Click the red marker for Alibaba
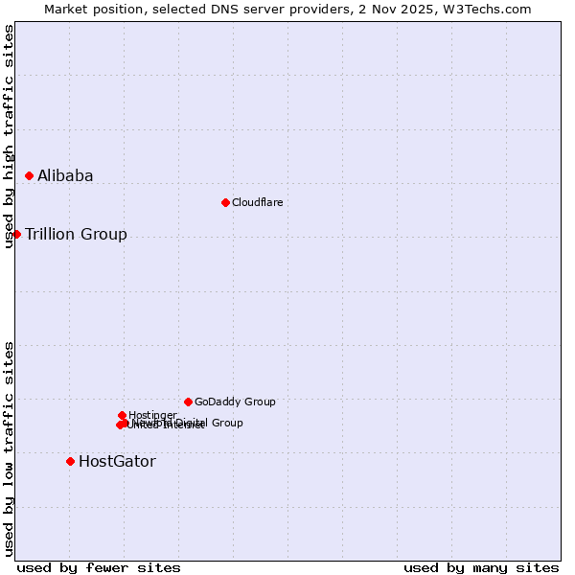(29, 175)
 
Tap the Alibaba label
(65, 175)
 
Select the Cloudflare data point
(225, 202)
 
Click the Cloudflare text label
(257, 202)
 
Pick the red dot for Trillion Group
(16, 234)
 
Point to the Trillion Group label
(76, 235)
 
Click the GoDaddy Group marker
(188, 402)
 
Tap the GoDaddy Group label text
(235, 402)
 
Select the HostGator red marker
(70, 461)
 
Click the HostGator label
(117, 462)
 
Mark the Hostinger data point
(122, 415)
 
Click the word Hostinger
(152, 415)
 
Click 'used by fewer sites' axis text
(99, 567)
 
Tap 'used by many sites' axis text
(481, 567)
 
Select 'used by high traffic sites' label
(9, 136)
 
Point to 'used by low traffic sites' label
(9, 448)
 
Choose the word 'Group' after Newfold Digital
(227, 423)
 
